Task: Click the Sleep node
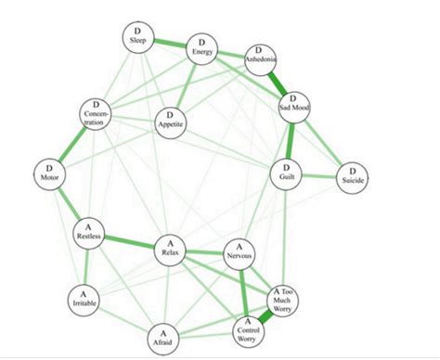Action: tap(137, 37)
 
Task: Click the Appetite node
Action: tap(172, 122)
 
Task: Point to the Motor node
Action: tap(48, 173)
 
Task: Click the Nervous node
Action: tap(241, 252)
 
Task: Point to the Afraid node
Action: tap(163, 337)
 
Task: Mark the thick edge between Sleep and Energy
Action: tap(170, 43)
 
